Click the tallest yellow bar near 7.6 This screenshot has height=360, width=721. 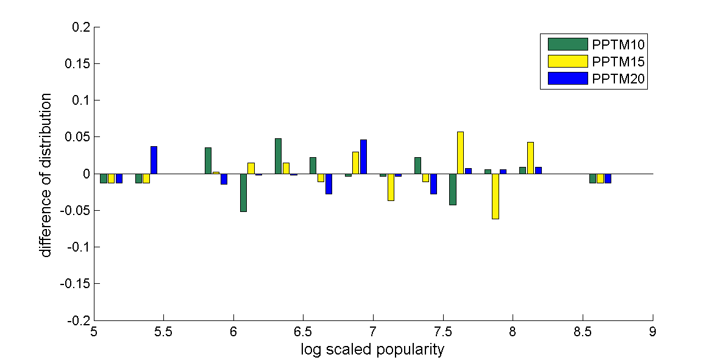tap(460, 153)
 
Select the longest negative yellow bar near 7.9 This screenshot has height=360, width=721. tap(495, 196)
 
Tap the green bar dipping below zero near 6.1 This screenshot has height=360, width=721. tap(243, 192)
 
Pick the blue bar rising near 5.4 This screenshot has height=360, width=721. tap(154, 160)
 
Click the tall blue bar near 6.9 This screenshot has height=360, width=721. tap(363, 157)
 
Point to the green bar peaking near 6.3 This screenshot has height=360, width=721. tap(278, 156)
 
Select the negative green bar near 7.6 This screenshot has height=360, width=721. tap(452, 189)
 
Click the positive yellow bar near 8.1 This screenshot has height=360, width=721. tap(530, 158)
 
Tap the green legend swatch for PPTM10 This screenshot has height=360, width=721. tap(567, 44)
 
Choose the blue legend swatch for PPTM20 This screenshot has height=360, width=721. tap(567, 79)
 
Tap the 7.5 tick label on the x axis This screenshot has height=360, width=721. tap(443, 333)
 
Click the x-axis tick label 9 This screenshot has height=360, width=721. tap(653, 333)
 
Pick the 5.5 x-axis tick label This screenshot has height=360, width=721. tap(164, 333)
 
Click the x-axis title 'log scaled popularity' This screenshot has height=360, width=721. tap(373, 350)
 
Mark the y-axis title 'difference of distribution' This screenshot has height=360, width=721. tap(46, 175)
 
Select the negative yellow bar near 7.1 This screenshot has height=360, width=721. tap(391, 187)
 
